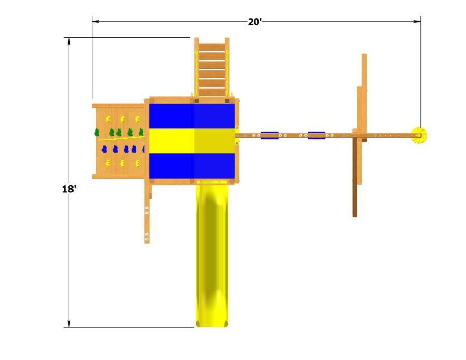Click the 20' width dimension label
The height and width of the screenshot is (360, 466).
(x=254, y=22)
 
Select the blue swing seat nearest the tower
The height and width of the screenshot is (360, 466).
(x=269, y=135)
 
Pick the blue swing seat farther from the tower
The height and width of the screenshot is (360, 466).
(x=316, y=135)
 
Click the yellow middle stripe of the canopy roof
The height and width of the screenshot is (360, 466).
(x=192, y=141)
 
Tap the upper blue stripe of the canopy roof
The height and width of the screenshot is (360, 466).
(x=192, y=116)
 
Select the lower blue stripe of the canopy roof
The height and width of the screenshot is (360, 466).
(x=192, y=165)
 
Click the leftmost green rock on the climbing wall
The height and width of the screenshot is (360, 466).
(x=96, y=133)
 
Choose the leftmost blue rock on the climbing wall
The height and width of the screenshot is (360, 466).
(x=104, y=149)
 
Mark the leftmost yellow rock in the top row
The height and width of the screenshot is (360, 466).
(x=108, y=119)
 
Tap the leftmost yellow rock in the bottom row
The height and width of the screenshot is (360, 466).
(x=108, y=163)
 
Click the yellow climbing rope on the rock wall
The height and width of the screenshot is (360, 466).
(x=120, y=139)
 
